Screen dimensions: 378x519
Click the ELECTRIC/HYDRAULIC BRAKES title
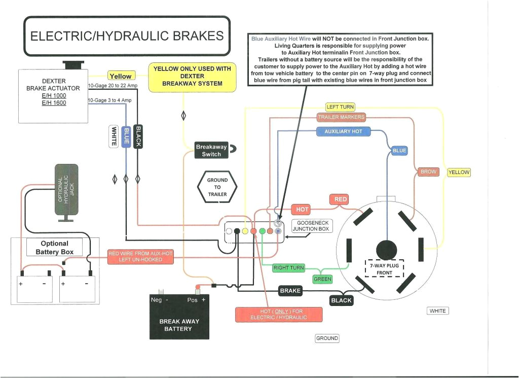point(127,36)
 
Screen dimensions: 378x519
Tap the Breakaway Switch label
point(211,150)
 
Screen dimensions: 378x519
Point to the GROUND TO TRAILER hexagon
point(217,187)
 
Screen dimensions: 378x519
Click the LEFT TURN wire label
point(340,107)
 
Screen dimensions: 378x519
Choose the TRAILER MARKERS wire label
point(341,117)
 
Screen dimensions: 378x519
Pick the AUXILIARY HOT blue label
point(343,131)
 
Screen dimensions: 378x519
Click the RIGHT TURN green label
point(288,267)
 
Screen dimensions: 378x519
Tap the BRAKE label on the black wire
point(290,291)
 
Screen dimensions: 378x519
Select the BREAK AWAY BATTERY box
point(179,317)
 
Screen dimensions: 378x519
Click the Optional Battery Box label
point(54,248)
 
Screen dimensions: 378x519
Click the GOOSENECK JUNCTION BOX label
point(313,226)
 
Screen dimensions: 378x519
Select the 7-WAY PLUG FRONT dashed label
point(385,269)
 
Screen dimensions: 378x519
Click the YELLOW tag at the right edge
point(459,173)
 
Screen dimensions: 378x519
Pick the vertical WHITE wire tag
point(114,136)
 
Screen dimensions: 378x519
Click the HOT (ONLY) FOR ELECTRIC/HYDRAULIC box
point(278,314)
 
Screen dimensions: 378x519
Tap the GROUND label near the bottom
point(327,338)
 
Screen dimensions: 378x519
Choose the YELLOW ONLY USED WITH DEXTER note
point(192,76)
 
